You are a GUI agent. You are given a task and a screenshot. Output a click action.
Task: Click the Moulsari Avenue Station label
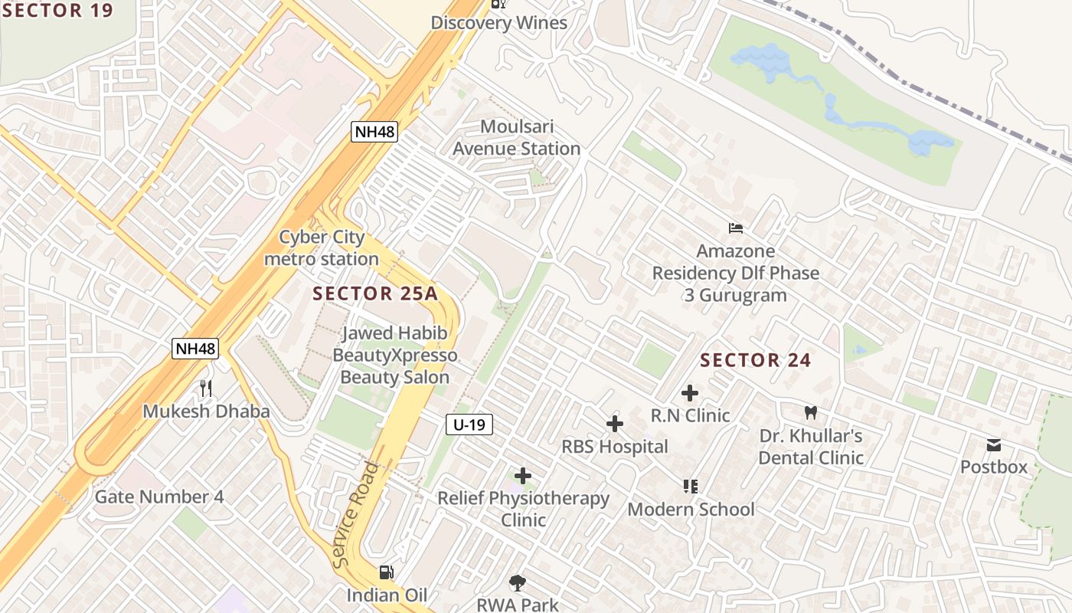517,138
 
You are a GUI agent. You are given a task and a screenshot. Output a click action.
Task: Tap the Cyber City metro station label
322,248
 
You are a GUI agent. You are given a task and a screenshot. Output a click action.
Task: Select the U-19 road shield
469,425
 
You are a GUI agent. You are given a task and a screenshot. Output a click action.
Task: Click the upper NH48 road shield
374,132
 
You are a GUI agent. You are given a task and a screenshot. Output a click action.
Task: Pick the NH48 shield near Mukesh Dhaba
195,349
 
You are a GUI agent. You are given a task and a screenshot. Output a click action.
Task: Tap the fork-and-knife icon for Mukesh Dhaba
205,388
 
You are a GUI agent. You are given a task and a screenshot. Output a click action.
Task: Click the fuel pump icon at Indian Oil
387,572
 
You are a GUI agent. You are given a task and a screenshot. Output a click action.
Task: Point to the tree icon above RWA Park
518,583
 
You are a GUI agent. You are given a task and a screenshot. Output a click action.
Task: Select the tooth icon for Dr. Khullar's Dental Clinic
811,413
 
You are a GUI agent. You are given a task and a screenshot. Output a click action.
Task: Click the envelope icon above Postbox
994,445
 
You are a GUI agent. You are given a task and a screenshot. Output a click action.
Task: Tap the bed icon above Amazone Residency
735,228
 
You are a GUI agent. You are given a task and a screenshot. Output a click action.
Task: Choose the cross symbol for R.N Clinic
690,394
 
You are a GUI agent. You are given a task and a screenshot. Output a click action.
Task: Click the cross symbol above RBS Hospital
614,424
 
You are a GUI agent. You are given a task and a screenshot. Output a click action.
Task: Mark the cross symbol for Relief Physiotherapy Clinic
523,477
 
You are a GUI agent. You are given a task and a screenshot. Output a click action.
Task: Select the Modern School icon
690,487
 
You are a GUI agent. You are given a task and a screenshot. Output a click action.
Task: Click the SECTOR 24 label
755,360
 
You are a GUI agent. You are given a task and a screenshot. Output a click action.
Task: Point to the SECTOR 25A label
374,293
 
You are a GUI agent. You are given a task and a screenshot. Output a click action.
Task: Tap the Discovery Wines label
498,23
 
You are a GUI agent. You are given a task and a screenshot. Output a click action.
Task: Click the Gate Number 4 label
159,497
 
